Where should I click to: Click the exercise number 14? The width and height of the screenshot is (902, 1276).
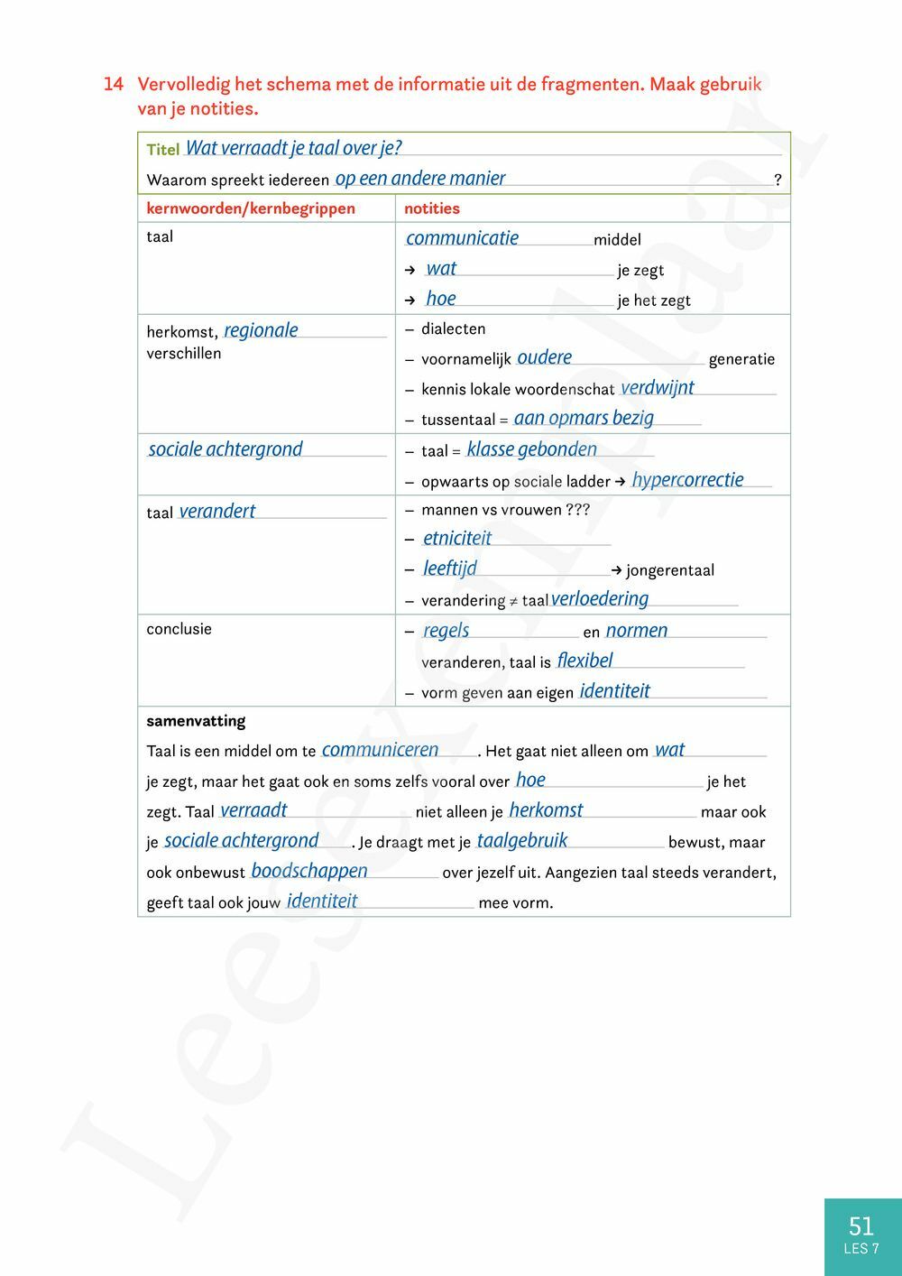[x=113, y=85]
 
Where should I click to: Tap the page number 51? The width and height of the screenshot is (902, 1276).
[x=861, y=1225]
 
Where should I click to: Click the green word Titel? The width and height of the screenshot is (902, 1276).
[x=163, y=150]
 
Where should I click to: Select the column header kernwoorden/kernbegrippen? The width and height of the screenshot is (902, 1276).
[x=251, y=208]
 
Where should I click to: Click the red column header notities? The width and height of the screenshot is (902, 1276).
[x=432, y=208]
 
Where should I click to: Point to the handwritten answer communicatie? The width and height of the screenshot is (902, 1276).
[x=462, y=238]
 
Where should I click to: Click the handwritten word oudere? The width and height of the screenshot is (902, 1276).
[x=544, y=357]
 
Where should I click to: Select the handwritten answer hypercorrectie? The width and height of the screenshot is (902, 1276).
[x=687, y=480]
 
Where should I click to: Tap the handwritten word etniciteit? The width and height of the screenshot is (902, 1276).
[x=457, y=539]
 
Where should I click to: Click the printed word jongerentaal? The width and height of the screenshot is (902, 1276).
[x=669, y=570]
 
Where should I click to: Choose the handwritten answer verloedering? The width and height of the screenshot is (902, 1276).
[x=600, y=599]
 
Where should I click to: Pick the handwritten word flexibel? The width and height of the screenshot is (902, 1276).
[x=584, y=661]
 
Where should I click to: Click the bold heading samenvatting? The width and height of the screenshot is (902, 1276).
[x=196, y=721]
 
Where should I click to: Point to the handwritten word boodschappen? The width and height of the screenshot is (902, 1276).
[x=309, y=871]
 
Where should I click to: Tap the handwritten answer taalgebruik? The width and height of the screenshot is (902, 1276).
[x=522, y=841]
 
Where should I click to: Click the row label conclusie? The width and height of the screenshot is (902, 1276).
[x=179, y=629]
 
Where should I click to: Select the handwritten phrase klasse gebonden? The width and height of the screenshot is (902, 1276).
[x=531, y=449]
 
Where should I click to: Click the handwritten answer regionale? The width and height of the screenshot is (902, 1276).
[x=261, y=330]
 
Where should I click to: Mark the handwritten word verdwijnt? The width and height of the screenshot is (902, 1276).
[x=658, y=388]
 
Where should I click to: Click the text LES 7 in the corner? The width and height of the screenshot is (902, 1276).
[x=861, y=1249]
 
